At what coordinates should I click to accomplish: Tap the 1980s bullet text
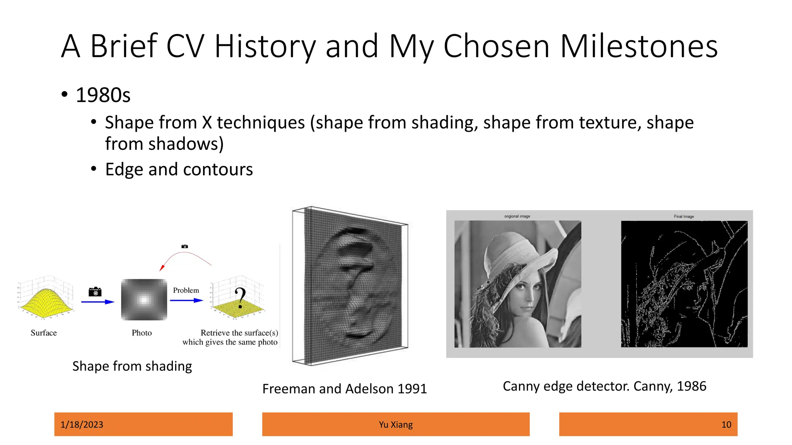[103, 95]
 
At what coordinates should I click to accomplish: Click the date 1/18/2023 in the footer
[82, 425]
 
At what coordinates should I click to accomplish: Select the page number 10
[726, 425]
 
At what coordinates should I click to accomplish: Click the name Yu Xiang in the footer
[396, 425]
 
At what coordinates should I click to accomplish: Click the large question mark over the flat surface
[240, 297]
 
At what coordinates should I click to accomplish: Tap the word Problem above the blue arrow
[186, 290]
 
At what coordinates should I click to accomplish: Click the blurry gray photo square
[144, 299]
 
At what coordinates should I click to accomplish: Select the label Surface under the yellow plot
[44, 333]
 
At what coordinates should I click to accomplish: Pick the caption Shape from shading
[132, 366]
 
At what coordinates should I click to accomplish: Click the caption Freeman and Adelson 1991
[344, 389]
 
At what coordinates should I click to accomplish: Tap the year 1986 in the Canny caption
[691, 386]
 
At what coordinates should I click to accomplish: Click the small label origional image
[517, 216]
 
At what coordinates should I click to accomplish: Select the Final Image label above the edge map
[683, 217]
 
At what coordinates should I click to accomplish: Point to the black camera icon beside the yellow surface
[95, 292]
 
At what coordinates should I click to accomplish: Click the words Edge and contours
[179, 170]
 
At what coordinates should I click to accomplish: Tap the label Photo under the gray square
[142, 333]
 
